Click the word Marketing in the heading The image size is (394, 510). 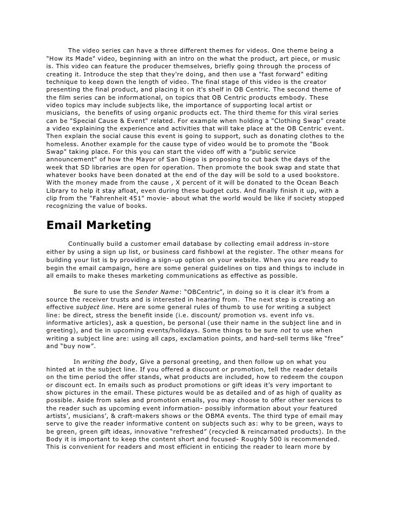(x=116, y=225)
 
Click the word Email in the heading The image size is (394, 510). (x=63, y=225)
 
